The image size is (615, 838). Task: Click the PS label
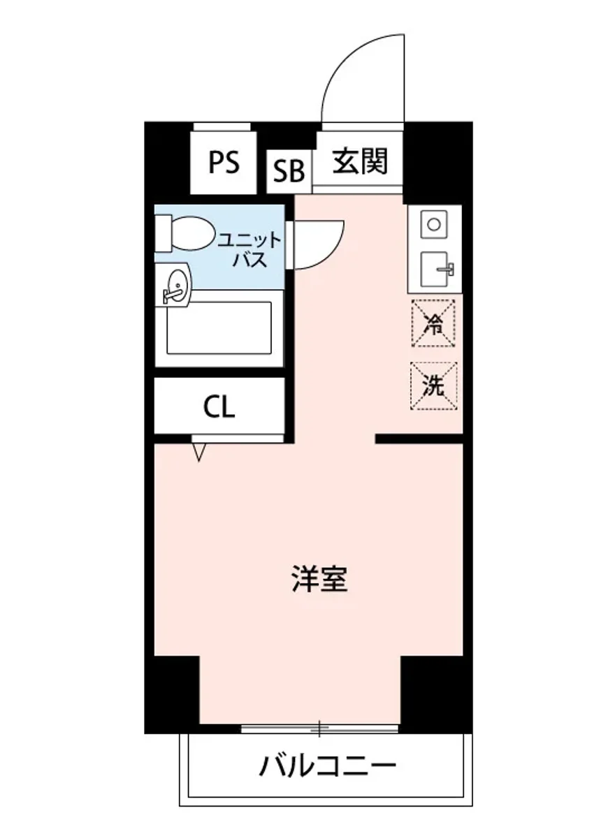click(x=224, y=163)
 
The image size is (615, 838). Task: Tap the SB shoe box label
click(x=288, y=171)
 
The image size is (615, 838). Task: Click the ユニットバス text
click(x=249, y=251)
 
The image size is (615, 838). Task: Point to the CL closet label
click(x=219, y=406)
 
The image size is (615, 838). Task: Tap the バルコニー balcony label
click(x=328, y=768)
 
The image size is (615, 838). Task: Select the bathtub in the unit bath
click(x=218, y=328)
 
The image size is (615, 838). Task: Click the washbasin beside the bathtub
click(x=175, y=286)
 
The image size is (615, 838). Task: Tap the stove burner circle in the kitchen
click(x=434, y=224)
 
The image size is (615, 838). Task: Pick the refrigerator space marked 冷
click(x=433, y=323)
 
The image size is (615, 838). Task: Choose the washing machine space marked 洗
click(x=433, y=385)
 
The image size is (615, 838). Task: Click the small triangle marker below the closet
click(x=199, y=452)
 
